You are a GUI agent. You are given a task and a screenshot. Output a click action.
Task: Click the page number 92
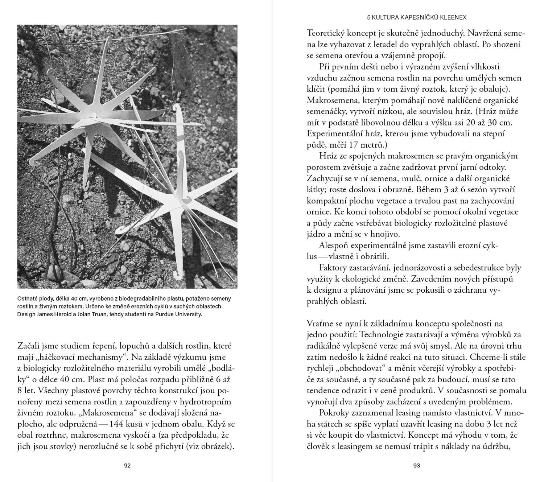point(127,466)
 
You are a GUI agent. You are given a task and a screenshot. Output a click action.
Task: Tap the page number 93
point(416,466)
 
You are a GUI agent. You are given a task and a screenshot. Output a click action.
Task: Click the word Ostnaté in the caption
point(28,299)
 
